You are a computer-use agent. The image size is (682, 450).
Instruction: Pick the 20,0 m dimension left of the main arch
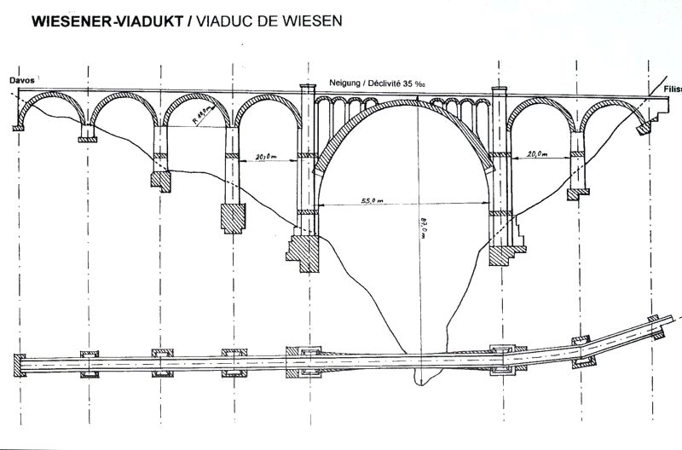267,157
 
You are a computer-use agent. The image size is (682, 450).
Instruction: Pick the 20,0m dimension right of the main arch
537,155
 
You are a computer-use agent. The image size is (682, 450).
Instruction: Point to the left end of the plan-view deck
13,363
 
